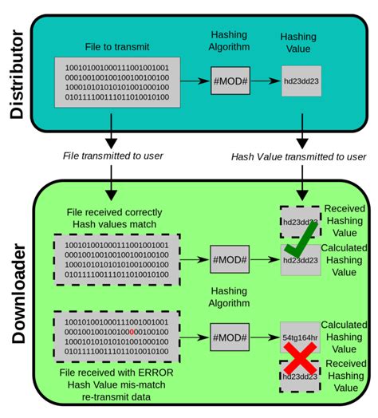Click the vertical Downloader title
coord(17,294)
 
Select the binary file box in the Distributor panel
coord(116,82)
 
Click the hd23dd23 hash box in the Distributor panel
coord(301,81)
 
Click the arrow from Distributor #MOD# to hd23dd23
coord(265,81)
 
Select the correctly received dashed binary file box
coord(116,259)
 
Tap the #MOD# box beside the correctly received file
coord(229,259)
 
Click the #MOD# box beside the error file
coord(229,334)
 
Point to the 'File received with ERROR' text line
coord(116,373)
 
